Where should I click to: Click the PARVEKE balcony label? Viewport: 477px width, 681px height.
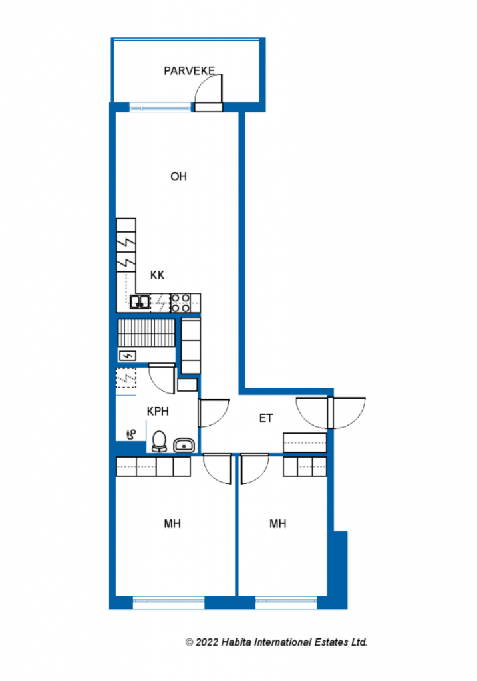(x=189, y=70)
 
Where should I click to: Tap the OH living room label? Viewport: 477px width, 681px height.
(x=178, y=176)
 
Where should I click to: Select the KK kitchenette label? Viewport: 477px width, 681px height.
(x=157, y=275)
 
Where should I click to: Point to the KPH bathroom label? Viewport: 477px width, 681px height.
(x=158, y=411)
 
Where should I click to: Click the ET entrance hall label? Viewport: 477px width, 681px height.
(x=266, y=418)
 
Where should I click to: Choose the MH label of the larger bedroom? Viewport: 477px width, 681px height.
(x=172, y=524)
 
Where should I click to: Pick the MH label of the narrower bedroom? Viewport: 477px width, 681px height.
(x=277, y=524)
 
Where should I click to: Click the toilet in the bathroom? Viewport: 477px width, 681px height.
(x=160, y=442)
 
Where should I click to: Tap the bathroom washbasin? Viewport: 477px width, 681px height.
(x=184, y=445)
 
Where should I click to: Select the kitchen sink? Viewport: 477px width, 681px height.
(x=140, y=301)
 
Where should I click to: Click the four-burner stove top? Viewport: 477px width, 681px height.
(x=181, y=303)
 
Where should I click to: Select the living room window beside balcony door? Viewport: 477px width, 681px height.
(x=160, y=106)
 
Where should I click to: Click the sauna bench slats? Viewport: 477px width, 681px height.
(x=146, y=333)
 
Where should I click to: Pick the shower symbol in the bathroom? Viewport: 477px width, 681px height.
(x=131, y=434)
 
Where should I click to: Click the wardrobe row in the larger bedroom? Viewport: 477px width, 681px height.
(x=154, y=466)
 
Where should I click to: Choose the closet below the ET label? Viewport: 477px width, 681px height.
(x=305, y=442)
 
